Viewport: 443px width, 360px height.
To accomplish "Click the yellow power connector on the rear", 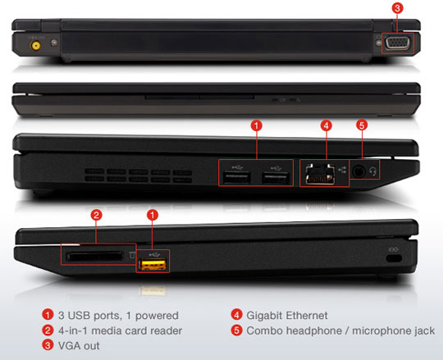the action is (35, 45).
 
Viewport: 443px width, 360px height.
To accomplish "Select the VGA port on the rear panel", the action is (397, 43).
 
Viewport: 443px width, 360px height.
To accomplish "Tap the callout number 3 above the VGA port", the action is (397, 8).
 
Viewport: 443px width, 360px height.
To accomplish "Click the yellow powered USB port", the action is (153, 265).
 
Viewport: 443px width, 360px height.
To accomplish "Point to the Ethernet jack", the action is (320, 174).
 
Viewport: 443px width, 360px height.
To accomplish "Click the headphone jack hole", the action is (359, 171).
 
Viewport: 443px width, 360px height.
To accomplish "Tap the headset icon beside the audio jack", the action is (373, 171).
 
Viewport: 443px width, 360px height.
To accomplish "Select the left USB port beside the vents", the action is (237, 178).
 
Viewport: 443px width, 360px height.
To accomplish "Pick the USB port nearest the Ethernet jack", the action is (276, 178).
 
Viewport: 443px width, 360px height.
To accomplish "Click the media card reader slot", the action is (95, 257).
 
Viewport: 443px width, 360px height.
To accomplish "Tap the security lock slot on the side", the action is (394, 258).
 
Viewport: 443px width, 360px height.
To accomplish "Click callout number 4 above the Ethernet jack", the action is (327, 125).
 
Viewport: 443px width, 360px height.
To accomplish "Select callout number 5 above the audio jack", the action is (362, 125).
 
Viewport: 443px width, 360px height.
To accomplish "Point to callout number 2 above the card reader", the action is (96, 215).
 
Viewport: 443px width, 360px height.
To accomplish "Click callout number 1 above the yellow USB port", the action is (153, 215).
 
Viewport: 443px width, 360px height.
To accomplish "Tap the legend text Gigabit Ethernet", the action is (287, 316).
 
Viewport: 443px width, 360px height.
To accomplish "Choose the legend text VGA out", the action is (79, 345).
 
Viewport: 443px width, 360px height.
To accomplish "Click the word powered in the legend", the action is (157, 316).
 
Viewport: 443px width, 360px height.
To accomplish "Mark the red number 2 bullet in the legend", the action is (48, 330).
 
